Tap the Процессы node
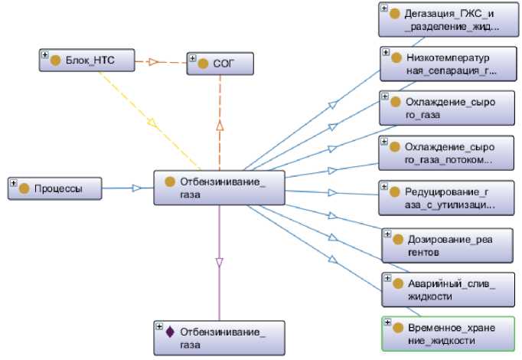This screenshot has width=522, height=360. click(x=55, y=188)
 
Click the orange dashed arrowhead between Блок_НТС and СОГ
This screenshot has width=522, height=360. click(x=152, y=61)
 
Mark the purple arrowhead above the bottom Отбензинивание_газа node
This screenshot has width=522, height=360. click(x=219, y=262)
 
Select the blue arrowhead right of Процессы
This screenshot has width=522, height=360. click(x=137, y=188)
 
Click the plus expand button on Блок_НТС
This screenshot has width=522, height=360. click(x=44, y=55)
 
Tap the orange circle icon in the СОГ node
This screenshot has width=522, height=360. click(x=203, y=64)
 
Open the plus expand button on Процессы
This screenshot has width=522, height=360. click(x=14, y=183)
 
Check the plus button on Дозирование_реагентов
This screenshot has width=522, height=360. click(x=388, y=234)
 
